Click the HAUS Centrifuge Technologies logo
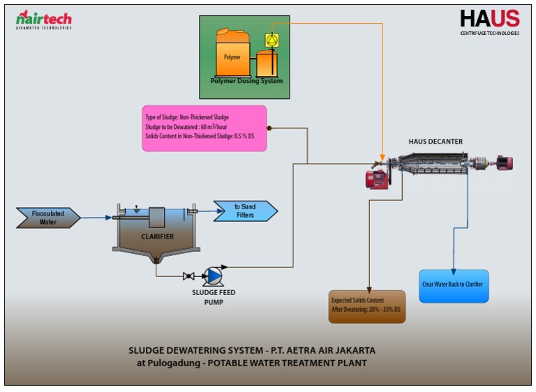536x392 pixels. (x=489, y=22)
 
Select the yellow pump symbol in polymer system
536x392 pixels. (x=271, y=40)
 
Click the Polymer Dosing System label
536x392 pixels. (x=246, y=81)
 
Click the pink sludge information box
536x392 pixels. (x=204, y=128)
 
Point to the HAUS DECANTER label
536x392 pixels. (x=435, y=142)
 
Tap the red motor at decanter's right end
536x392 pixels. (x=504, y=163)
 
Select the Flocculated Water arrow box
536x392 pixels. (x=47, y=218)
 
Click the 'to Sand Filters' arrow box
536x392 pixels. (x=245, y=211)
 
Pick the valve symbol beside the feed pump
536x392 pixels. (x=188, y=276)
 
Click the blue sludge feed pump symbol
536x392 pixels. (x=213, y=276)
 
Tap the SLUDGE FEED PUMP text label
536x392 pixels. (x=212, y=298)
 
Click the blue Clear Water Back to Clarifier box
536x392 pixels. (x=454, y=285)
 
